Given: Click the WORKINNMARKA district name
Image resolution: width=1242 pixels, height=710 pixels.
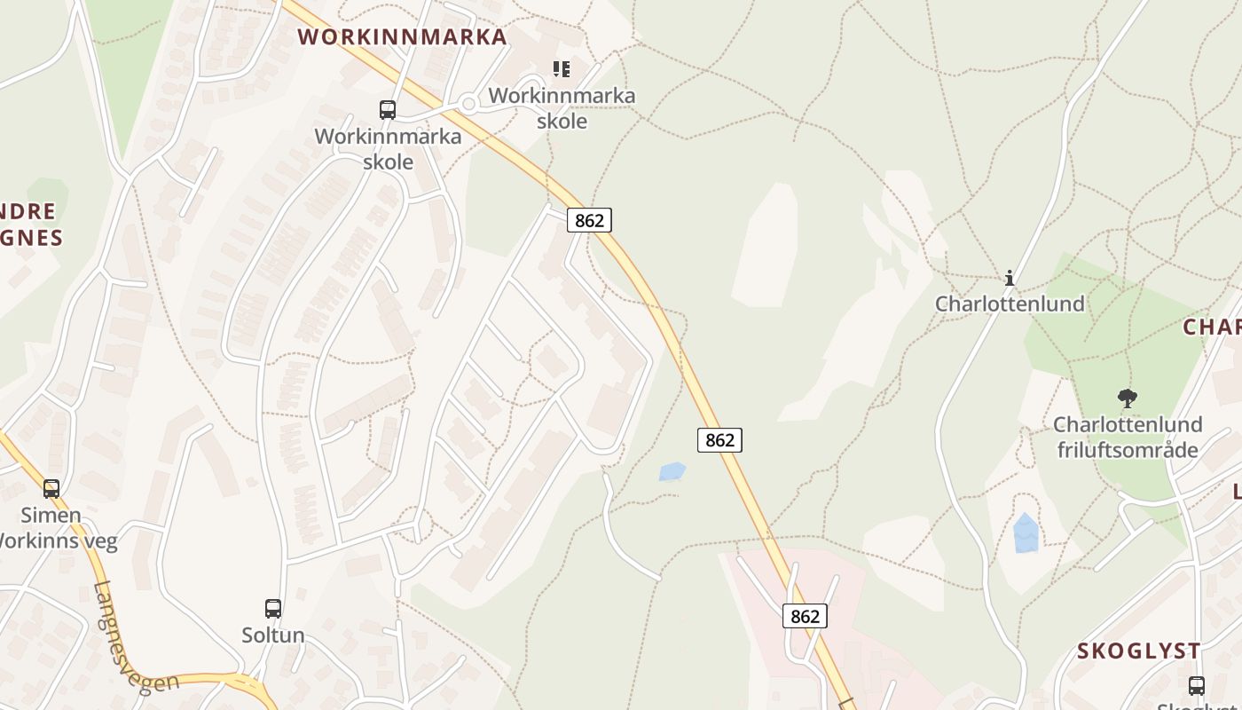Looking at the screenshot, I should click(x=402, y=36).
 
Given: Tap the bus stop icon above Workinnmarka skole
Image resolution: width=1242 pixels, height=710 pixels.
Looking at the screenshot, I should click(x=388, y=110).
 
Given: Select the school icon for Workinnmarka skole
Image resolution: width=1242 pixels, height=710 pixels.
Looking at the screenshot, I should click(x=562, y=68).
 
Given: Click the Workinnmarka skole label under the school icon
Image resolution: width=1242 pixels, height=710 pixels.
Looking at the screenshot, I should click(x=562, y=107).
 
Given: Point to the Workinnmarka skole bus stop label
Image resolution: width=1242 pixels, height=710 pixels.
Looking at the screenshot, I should click(x=389, y=149).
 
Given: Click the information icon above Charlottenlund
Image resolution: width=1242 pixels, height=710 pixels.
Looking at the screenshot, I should click(x=1010, y=278).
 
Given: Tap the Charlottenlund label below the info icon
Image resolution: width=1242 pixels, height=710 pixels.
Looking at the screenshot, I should click(x=1010, y=304).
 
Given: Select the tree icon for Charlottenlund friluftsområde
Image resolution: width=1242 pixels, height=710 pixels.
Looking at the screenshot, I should click(x=1127, y=398).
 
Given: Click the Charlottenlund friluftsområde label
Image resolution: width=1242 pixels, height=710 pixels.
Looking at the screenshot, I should click(x=1127, y=437).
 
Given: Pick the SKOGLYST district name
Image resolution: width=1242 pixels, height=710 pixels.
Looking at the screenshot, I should click(x=1139, y=651).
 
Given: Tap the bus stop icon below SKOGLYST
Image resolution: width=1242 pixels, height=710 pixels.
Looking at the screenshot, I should click(x=1197, y=685).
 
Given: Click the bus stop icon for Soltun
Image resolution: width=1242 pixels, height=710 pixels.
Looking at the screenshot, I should click(x=273, y=609).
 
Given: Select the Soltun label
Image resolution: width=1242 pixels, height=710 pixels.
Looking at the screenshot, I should click(x=273, y=635).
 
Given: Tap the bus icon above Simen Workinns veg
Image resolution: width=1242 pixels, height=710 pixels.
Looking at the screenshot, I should click(x=51, y=488).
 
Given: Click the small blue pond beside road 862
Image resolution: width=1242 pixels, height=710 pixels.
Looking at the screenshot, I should click(x=672, y=471).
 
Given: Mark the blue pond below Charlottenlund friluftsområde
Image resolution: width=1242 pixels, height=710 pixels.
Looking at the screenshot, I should click(x=1026, y=532).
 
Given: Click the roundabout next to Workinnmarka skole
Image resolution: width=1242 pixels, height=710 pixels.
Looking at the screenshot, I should click(x=469, y=104).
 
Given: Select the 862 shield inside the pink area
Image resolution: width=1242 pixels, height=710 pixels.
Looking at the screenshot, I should click(x=805, y=616).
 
